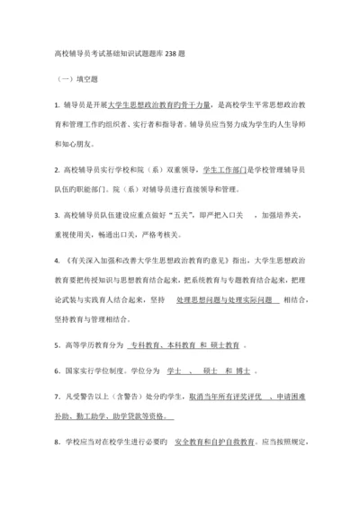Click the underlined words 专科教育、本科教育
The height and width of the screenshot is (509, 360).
pyautogui.click(x=157, y=344)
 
